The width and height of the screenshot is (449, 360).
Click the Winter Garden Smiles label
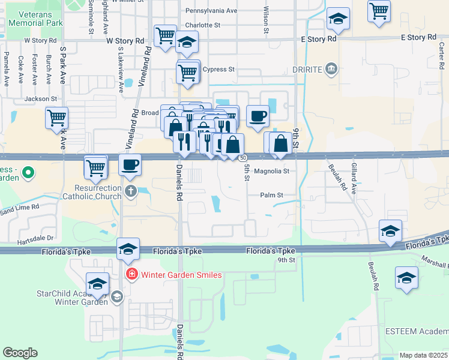tap(181, 275)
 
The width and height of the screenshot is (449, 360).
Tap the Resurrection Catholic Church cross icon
tap(131, 192)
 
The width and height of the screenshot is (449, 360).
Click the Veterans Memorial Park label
tap(36, 17)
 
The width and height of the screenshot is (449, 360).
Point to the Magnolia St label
tap(272, 171)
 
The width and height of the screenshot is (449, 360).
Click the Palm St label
tap(271, 195)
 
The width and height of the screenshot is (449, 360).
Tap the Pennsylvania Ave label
tap(211, 11)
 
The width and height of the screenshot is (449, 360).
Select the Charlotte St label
tap(203, 25)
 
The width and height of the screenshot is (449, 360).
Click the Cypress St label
tap(218, 70)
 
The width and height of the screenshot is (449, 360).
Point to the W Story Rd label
tap(125, 41)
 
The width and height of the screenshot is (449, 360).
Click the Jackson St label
tap(41, 98)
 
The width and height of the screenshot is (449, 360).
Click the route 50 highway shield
tap(242, 158)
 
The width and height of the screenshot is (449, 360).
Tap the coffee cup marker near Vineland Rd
tap(130, 164)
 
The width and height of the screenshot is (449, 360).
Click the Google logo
tap(20, 353)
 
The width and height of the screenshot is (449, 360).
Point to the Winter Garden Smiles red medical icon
tap(131, 275)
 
